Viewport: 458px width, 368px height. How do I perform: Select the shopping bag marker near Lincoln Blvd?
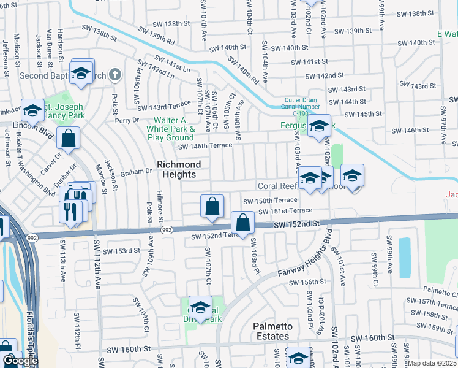[x=69, y=138]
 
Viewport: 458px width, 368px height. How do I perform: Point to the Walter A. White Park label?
[x=171, y=129]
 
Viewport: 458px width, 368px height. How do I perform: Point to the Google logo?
[x=20, y=361]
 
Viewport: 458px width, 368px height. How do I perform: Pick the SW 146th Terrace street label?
[x=205, y=145]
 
